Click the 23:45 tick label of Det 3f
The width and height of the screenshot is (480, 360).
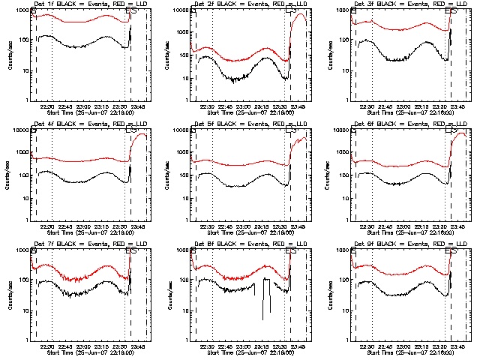point(460,106)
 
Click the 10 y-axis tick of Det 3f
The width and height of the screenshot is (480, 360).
point(345,70)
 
